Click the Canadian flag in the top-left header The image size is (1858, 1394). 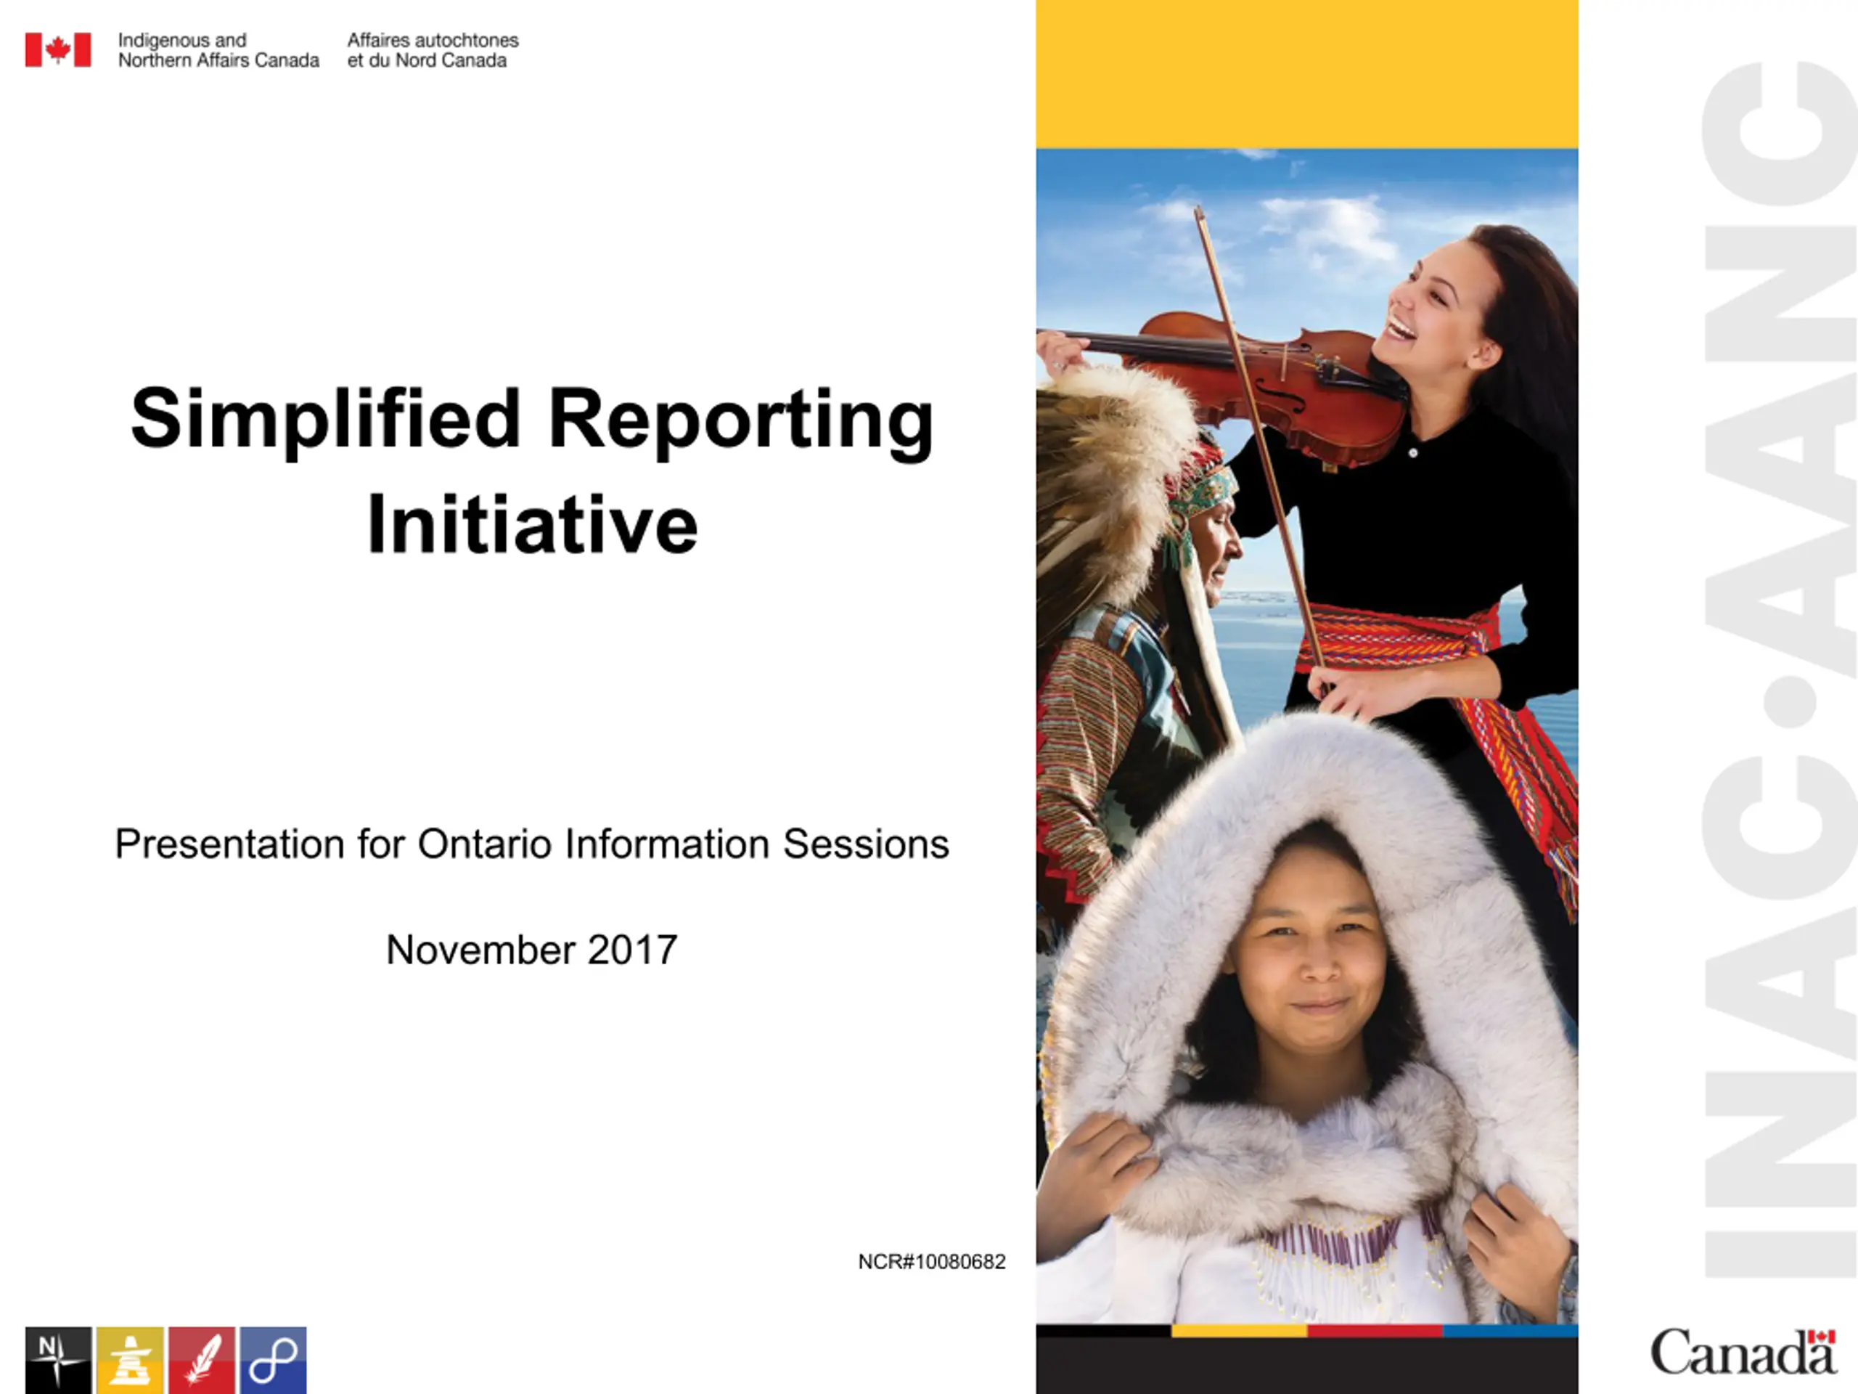58,49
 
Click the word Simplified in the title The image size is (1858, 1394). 326,418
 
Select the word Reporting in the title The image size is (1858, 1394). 741,422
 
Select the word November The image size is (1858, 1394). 481,950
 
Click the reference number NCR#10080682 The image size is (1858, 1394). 931,1261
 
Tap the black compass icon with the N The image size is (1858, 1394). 58,1361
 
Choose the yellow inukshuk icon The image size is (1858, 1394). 130,1361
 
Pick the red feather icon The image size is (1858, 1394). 202,1361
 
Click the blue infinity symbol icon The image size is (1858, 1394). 273,1361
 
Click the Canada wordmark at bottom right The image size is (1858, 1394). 1743,1352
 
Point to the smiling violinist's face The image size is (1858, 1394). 1432,306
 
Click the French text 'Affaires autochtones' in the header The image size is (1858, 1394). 433,41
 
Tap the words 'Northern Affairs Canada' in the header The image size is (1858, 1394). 218,60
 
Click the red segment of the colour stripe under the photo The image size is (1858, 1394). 1375,1330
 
